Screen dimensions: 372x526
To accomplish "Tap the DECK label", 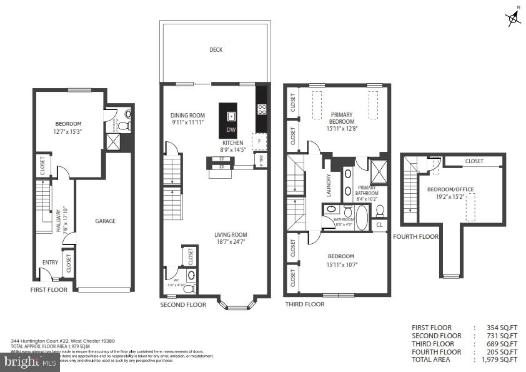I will click(216, 50).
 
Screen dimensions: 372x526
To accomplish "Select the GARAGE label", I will click(105, 221).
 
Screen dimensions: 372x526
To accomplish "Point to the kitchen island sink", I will click(231, 116).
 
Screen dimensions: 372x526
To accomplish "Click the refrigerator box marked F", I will click(260, 141).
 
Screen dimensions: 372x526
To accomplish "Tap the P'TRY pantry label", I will click(261, 160).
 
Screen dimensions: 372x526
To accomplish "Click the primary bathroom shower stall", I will click(377, 169).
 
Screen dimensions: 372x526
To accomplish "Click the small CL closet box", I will click(379, 224).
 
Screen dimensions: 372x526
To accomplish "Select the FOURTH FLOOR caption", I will click(415, 236).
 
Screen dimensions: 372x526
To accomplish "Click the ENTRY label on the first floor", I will click(50, 263).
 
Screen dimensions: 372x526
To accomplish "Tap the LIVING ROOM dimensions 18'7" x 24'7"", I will click(231, 241).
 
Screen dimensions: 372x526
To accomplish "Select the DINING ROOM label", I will click(188, 115).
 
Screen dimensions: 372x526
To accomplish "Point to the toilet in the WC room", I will click(191, 275).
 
